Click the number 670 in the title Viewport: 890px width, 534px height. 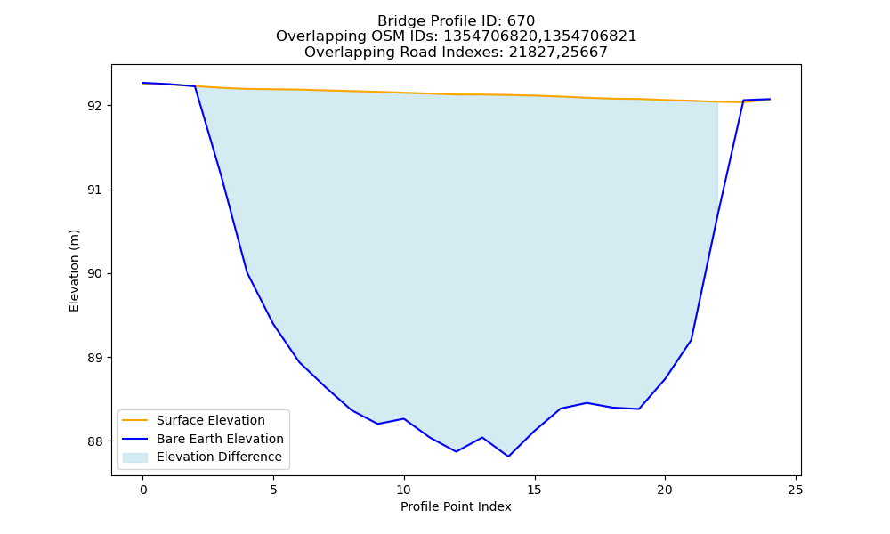521,21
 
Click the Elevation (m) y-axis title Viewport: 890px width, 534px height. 74,271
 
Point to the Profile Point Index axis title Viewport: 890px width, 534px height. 456,506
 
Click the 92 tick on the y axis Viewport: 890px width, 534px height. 96,106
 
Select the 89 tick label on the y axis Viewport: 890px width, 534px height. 96,358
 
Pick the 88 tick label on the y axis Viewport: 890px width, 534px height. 96,441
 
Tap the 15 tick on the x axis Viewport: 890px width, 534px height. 534,489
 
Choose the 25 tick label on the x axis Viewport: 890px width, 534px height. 795,489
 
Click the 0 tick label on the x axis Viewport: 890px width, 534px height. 143,489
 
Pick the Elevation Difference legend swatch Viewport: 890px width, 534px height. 135,457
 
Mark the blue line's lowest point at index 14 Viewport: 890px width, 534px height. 508,457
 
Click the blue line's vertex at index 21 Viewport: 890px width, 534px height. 691,340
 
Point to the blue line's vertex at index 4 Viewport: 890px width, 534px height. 247,272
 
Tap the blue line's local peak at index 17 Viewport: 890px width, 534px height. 587,403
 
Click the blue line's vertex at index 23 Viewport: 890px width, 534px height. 743,101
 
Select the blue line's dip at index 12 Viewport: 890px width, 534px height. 456,452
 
